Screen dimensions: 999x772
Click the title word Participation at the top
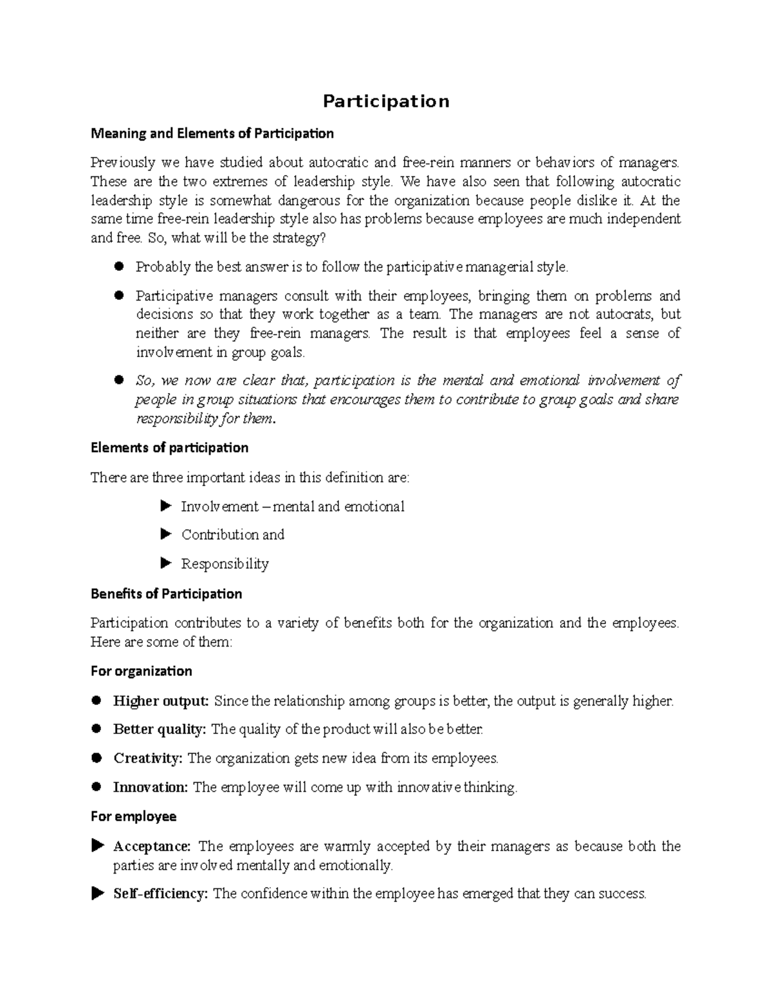pos(385,102)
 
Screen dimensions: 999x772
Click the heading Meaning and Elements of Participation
pos(212,134)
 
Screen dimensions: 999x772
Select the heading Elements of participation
pos(169,448)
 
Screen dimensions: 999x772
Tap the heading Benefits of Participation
pos(166,594)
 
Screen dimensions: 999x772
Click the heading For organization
pos(142,672)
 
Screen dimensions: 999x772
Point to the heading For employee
pos(133,817)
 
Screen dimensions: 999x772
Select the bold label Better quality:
pos(160,729)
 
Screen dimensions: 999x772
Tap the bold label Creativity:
pos(148,758)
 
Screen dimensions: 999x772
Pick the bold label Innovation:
pos(151,787)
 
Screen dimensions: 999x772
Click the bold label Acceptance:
pos(152,847)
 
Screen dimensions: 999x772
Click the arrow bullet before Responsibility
pos(165,564)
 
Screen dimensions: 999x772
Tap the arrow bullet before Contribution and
pos(165,534)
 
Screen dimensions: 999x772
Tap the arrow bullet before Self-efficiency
pos(97,894)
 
